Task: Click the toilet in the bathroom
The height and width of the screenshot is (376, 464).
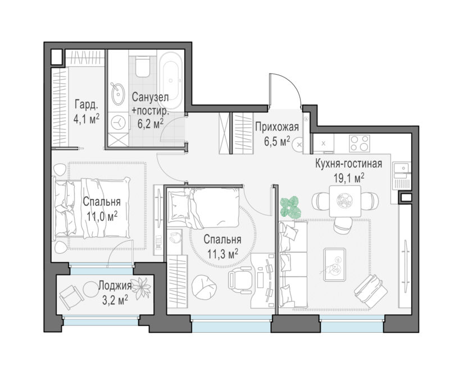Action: click(142, 66)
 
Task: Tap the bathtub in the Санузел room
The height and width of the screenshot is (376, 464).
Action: click(170, 81)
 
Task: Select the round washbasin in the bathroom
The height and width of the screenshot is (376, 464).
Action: click(118, 94)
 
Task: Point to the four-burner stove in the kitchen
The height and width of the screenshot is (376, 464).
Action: click(360, 143)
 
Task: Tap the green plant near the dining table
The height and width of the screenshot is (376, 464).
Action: click(290, 208)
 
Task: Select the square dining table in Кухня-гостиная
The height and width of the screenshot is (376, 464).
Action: click(345, 201)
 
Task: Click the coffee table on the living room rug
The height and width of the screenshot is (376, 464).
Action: click(335, 264)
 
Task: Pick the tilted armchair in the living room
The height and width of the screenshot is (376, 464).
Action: click(370, 291)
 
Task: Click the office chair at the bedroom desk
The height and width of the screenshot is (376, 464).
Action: click(240, 279)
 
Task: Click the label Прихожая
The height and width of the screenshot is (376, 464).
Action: click(277, 127)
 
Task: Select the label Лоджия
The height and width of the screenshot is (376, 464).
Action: click(115, 286)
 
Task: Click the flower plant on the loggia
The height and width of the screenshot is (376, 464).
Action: click(141, 288)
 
